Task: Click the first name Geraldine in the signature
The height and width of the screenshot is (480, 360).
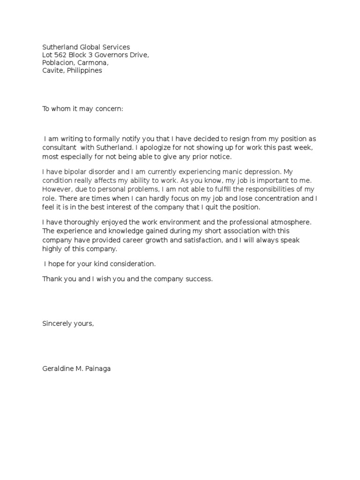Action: click(x=58, y=368)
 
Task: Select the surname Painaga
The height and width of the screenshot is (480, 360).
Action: click(x=97, y=368)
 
